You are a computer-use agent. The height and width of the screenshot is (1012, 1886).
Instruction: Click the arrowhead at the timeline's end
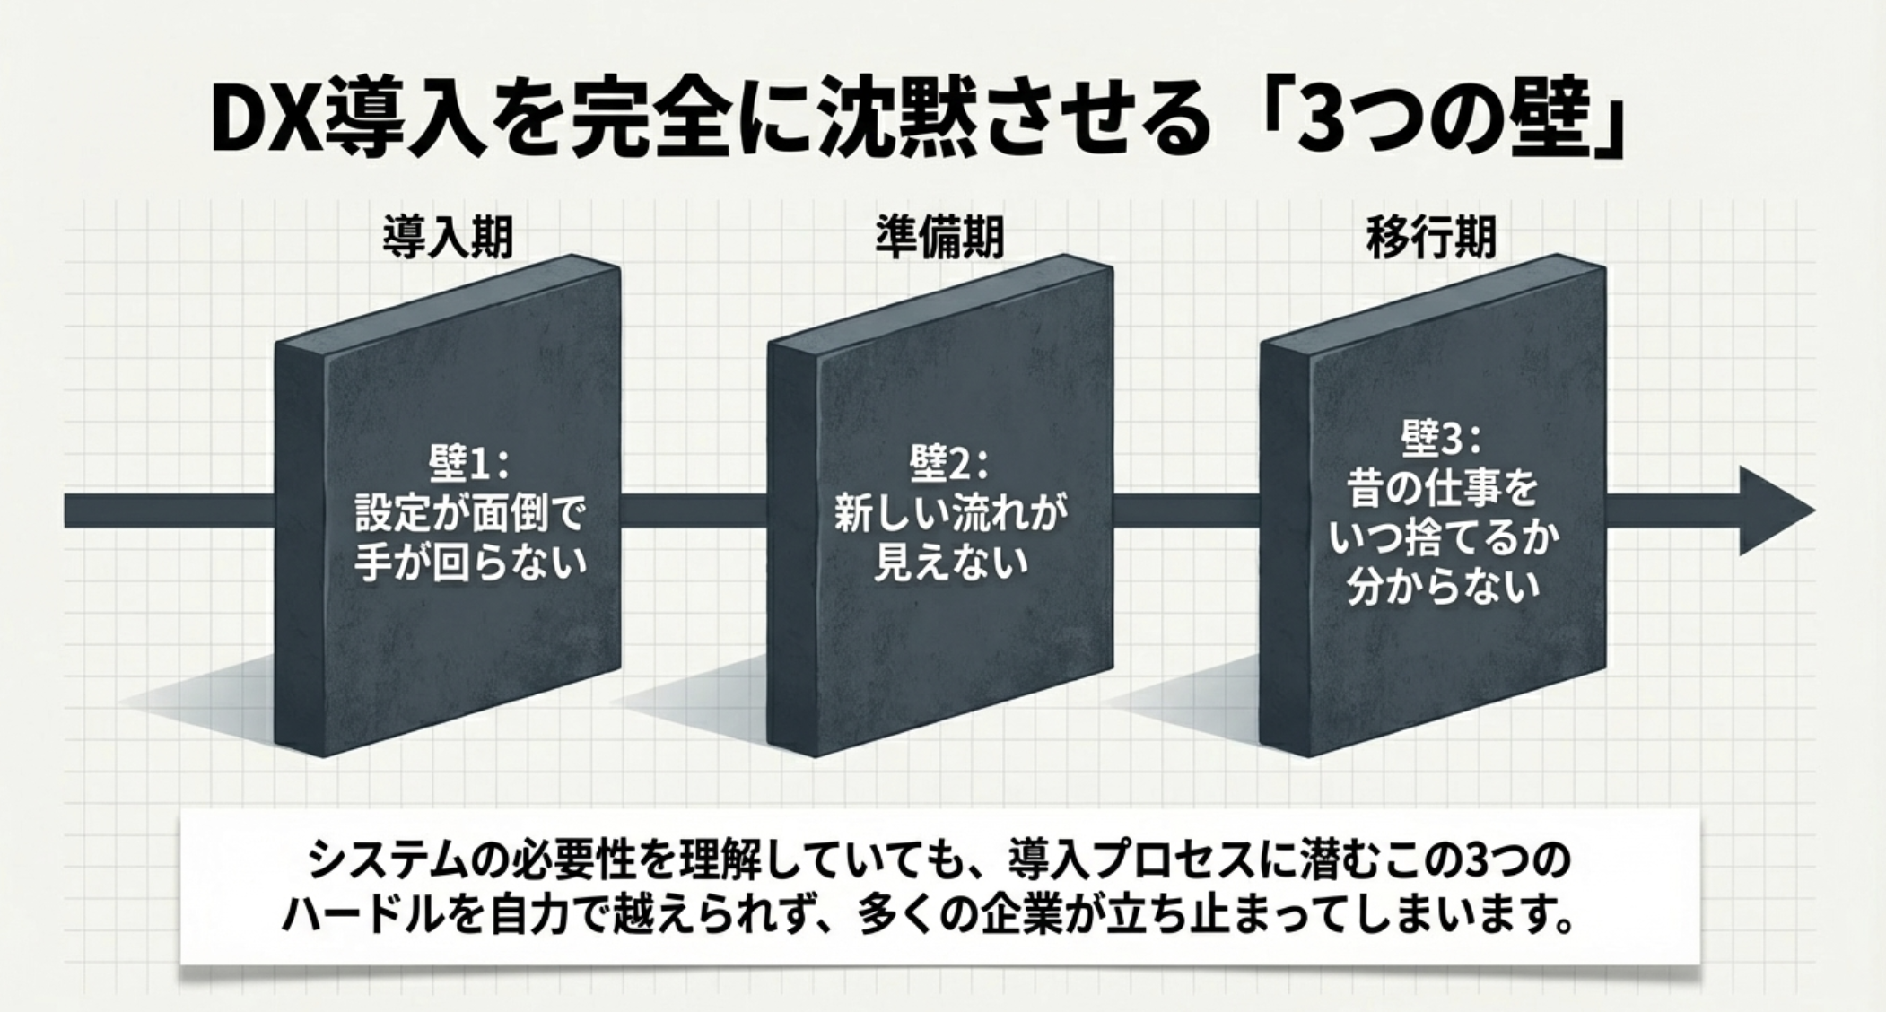tap(1772, 510)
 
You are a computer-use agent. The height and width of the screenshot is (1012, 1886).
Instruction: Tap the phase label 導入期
tap(448, 238)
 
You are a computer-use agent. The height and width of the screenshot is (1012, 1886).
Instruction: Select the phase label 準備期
tap(939, 238)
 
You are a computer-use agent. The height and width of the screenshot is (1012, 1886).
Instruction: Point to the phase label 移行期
tap(1431, 238)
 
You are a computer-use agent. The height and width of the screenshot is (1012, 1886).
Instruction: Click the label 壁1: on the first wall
tap(468, 465)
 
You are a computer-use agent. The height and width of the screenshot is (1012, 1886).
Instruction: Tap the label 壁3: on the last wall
tap(1441, 439)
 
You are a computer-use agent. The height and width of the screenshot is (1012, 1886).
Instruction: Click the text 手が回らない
tap(470, 563)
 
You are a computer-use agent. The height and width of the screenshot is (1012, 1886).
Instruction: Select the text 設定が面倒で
tap(470, 515)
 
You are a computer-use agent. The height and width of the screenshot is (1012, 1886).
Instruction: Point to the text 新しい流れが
tap(951, 514)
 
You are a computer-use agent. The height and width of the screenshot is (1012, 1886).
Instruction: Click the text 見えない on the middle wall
tap(951, 563)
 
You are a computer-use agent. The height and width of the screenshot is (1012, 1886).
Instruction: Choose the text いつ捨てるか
tap(1443, 538)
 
